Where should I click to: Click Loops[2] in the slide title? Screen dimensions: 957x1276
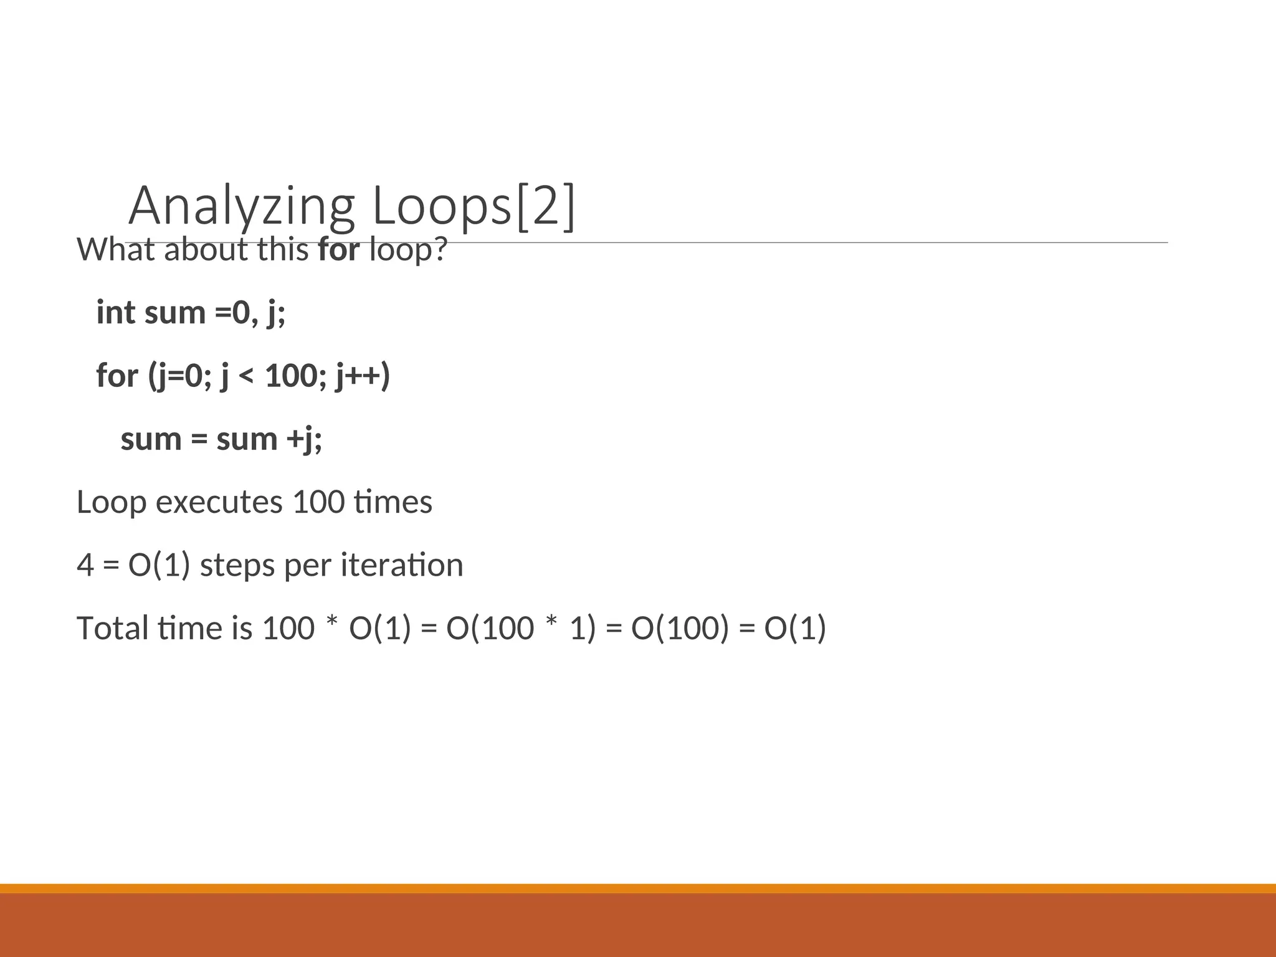click(x=474, y=207)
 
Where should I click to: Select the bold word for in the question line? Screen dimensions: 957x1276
click(x=339, y=250)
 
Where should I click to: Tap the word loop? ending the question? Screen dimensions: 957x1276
click(x=409, y=250)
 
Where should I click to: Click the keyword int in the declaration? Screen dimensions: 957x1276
click(x=115, y=312)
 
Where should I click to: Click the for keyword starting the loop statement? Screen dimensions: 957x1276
click(x=117, y=376)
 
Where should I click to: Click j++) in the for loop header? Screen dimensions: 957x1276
click(x=363, y=376)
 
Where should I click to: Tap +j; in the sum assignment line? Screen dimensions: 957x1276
click(x=304, y=439)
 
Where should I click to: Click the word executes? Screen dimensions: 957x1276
click(x=219, y=502)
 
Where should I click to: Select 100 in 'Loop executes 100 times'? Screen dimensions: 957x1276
click(x=318, y=502)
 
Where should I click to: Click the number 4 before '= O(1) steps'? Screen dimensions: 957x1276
click(x=85, y=566)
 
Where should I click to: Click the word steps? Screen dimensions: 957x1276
click(x=237, y=566)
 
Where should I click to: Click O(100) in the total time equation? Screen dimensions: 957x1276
click(x=680, y=628)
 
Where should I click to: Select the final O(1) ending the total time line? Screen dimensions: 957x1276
click(x=795, y=628)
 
